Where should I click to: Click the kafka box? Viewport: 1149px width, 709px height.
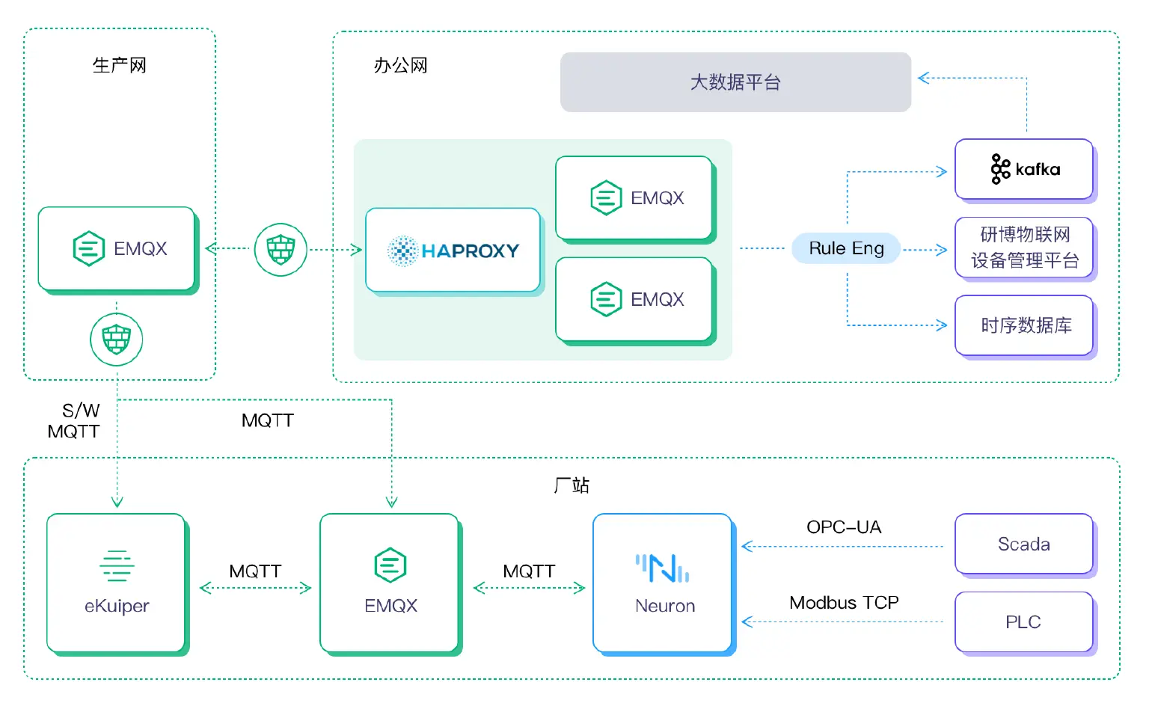tap(1024, 170)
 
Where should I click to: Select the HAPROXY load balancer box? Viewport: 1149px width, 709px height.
tap(453, 251)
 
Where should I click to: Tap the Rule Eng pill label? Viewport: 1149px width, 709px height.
tap(846, 248)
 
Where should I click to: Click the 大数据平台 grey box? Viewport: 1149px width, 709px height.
tap(735, 82)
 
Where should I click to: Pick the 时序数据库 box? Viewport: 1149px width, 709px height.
tap(1024, 325)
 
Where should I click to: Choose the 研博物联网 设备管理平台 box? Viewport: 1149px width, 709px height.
tap(1024, 248)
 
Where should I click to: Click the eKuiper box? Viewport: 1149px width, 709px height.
tap(117, 583)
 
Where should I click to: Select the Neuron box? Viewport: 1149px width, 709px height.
tap(663, 583)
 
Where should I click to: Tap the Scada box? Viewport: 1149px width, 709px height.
tap(1024, 544)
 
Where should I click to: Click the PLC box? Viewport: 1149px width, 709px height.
tap(1024, 622)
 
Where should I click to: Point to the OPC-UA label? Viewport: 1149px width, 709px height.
tap(844, 527)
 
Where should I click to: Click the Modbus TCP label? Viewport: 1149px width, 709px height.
tap(844, 603)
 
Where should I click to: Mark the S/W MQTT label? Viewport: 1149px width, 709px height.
tap(75, 421)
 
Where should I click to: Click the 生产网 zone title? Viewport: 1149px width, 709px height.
tap(120, 66)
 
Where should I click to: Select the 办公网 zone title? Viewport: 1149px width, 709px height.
tap(401, 66)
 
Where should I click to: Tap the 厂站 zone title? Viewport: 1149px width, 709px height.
tap(572, 485)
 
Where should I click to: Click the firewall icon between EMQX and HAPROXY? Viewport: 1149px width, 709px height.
tap(281, 250)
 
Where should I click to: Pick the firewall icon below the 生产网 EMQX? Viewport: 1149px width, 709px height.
tap(117, 340)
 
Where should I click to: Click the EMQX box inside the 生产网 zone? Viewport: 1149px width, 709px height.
tap(117, 249)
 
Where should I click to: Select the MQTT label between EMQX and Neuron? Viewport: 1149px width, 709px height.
tap(529, 572)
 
